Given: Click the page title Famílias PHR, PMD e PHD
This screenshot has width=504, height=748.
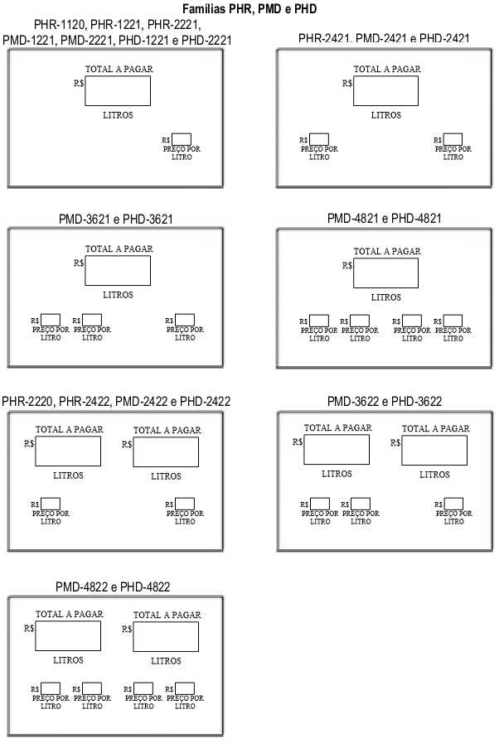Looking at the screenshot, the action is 250,8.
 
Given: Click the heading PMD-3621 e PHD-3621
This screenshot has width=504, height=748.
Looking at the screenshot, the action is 115,219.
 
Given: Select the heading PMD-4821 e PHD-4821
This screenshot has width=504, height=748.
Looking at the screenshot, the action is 384,218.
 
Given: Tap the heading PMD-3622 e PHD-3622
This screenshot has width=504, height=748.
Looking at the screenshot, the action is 384,401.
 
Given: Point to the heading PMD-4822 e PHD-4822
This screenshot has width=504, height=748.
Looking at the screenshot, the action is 113,586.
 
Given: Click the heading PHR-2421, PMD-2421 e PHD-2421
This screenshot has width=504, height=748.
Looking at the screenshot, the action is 384,38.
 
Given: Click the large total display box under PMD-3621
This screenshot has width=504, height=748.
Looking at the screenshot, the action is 118,271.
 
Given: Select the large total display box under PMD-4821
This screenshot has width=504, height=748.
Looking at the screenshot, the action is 385,273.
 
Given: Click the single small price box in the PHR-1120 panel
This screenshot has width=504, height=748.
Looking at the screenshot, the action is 182,139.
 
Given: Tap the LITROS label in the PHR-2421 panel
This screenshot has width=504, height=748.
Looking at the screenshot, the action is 386,115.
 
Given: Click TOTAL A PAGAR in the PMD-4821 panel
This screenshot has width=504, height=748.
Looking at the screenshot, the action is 387,251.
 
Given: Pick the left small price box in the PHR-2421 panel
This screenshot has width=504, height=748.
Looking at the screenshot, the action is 319,139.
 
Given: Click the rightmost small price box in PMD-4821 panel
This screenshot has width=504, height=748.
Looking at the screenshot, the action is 453,321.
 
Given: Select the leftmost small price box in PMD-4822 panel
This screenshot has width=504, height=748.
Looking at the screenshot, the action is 51,688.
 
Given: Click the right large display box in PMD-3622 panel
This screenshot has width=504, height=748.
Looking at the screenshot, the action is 434,451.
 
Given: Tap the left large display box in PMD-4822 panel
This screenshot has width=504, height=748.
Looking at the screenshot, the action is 68,636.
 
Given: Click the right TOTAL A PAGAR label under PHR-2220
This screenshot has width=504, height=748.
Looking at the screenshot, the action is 167,430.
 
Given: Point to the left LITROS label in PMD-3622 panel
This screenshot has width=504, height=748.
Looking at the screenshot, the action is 337,474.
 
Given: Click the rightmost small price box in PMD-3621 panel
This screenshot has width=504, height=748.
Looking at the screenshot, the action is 185,320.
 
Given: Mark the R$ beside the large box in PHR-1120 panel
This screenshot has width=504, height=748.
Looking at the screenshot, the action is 79,84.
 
